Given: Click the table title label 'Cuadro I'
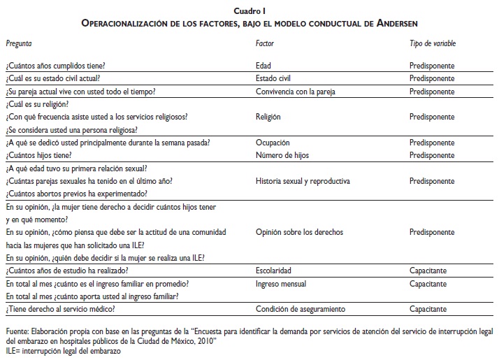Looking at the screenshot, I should click(x=249, y=10).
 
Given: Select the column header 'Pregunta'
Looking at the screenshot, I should click(x=18, y=43).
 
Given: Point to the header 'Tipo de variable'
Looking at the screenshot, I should click(x=433, y=43).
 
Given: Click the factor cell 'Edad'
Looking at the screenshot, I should click(x=265, y=65).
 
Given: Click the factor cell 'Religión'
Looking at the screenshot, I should click(x=269, y=117).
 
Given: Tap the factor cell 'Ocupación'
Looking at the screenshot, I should click(x=273, y=142).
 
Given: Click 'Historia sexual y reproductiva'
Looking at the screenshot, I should click(x=303, y=181).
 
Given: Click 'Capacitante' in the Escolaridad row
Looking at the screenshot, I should click(x=428, y=271).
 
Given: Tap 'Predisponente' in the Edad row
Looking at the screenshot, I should click(x=432, y=65).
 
